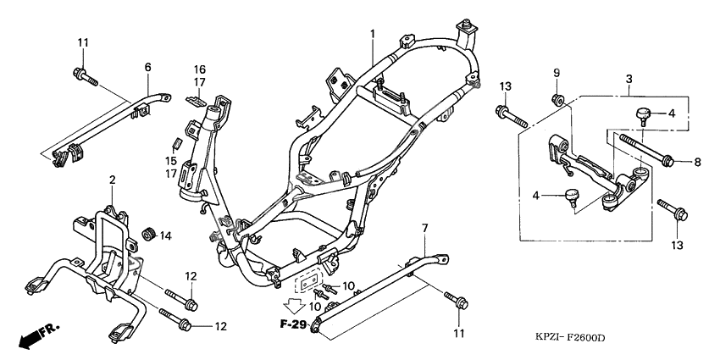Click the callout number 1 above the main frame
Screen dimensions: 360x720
[371, 34]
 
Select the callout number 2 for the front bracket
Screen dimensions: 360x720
[112, 180]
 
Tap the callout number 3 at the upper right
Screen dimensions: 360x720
[629, 78]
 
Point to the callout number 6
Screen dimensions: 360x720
[147, 67]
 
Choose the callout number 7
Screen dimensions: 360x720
[425, 228]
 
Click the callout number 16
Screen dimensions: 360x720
[200, 69]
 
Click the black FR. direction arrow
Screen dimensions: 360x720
[30, 337]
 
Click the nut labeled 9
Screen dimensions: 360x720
[557, 102]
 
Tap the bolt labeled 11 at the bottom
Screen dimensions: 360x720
[458, 301]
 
